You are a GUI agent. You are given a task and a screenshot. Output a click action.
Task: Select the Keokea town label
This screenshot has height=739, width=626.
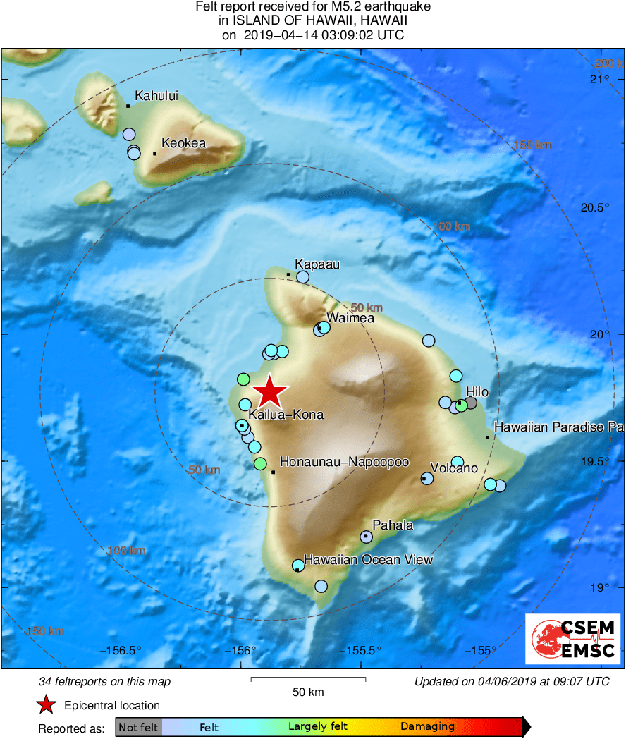(x=183, y=143)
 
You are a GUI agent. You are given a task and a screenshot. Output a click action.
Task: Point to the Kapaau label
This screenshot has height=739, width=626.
(x=317, y=264)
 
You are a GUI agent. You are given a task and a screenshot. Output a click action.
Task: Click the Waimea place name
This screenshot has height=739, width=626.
(x=350, y=318)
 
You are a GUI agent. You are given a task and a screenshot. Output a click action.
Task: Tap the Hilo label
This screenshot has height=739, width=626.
(x=477, y=392)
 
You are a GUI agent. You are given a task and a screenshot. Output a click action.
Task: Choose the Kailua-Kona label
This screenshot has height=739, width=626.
(x=286, y=415)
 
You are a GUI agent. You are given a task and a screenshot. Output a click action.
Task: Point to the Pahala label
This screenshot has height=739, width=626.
(x=393, y=525)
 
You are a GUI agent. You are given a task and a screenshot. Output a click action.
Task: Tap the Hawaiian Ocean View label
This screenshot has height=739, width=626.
(x=368, y=559)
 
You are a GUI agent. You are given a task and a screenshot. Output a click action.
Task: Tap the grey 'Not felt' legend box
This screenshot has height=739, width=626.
(x=138, y=727)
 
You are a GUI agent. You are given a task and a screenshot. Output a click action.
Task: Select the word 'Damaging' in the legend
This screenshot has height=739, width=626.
(x=427, y=727)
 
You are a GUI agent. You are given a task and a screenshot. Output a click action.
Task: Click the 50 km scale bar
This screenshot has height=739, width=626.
(x=308, y=680)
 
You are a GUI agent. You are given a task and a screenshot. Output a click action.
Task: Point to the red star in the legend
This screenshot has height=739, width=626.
(x=47, y=704)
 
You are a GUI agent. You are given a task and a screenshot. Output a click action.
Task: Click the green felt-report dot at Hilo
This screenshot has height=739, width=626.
(x=461, y=405)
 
